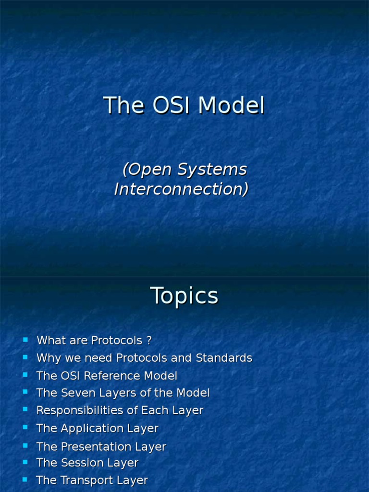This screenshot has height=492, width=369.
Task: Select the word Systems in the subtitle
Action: tap(212, 169)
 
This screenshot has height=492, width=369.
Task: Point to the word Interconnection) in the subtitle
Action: tap(181, 189)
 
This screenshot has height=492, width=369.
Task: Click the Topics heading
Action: tap(184, 295)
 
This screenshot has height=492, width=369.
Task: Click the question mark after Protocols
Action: tap(149, 341)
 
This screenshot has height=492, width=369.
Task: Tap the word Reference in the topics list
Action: tap(112, 376)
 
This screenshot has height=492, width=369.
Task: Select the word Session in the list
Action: tap(78, 463)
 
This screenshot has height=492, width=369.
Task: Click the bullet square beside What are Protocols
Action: tap(25, 340)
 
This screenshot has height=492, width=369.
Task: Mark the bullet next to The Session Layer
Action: tap(25, 462)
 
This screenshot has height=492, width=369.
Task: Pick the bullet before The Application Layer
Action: tap(25, 427)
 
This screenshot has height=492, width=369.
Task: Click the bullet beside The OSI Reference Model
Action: tap(25, 375)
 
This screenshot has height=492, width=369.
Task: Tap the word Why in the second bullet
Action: tap(47, 358)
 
